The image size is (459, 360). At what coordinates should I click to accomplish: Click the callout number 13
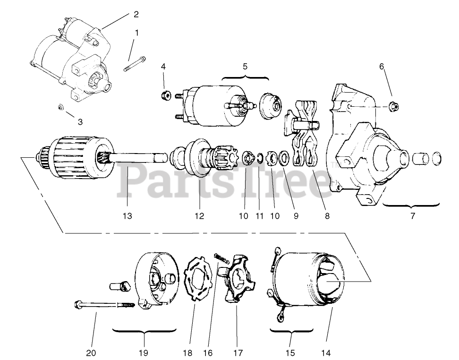[127, 216]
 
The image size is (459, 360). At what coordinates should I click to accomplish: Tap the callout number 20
[91, 353]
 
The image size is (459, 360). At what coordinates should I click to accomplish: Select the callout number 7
[412, 216]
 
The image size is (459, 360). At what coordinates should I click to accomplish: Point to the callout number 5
[245, 66]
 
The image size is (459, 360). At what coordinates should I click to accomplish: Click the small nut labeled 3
[60, 107]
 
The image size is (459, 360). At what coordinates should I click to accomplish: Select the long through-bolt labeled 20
[102, 305]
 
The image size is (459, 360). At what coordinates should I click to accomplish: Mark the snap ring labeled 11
[259, 157]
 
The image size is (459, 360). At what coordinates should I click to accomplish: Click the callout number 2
[136, 14]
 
